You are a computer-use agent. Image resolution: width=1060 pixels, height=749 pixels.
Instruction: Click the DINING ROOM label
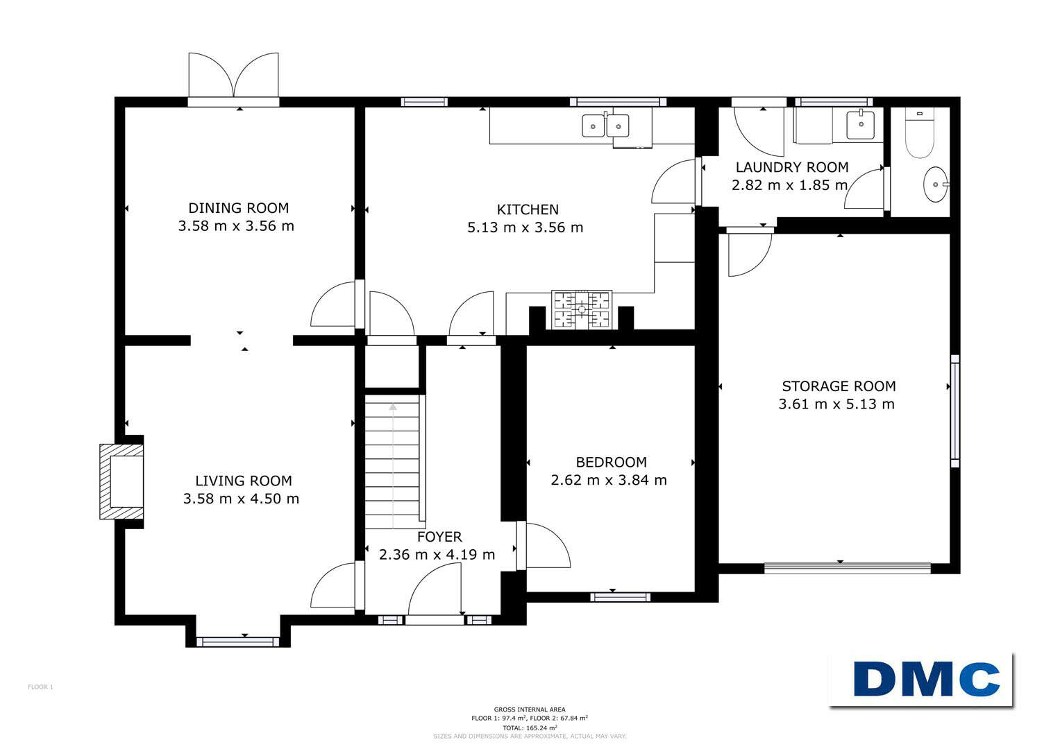[x=239, y=208]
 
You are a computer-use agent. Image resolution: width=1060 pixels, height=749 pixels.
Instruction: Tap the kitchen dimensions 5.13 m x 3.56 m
[x=525, y=227]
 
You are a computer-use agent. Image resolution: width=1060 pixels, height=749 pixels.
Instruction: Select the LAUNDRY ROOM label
[x=791, y=167]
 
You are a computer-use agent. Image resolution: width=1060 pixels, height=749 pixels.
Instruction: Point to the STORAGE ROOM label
[x=839, y=386]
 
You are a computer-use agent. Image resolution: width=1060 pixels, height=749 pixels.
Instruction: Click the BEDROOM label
[x=611, y=462]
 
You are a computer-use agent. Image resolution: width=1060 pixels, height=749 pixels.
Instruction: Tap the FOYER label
[x=439, y=537]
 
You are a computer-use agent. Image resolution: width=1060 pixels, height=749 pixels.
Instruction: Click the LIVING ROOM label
[x=244, y=481]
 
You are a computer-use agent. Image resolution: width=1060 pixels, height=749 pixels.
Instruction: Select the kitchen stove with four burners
[x=582, y=310]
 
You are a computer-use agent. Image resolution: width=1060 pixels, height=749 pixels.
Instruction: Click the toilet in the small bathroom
[x=920, y=132]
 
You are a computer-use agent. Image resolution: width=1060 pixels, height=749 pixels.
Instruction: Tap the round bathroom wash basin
[x=936, y=184]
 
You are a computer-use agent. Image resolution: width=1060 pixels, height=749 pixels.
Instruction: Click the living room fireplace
[x=121, y=481]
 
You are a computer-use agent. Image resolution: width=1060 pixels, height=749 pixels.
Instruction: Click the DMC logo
[x=920, y=680]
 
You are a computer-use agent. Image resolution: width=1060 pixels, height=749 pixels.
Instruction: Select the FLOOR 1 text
[x=41, y=687]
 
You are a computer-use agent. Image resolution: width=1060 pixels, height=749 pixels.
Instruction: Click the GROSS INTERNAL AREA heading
[x=530, y=709]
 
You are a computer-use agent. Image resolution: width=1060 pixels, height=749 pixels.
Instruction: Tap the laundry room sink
[x=860, y=124]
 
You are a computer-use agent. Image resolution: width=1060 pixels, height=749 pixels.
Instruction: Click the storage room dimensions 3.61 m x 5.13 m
[x=836, y=404]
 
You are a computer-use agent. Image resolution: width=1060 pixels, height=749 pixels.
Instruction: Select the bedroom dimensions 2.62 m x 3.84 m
[x=609, y=480]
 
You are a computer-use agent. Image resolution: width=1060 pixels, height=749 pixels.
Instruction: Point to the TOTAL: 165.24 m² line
[x=530, y=728]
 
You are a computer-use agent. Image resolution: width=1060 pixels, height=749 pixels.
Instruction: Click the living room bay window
[x=238, y=642]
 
